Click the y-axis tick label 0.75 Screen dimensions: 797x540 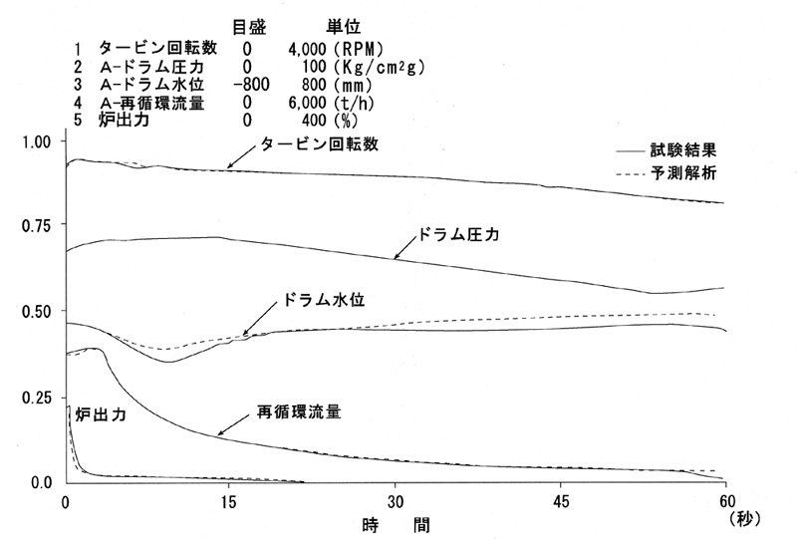click(37, 226)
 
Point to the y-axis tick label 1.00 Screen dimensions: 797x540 click(37, 141)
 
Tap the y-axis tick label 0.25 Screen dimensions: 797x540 click(37, 399)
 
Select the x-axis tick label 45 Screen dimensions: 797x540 click(560, 502)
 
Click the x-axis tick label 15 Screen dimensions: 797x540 click(229, 502)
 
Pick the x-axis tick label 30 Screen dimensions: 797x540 click(395, 502)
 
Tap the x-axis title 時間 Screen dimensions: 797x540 click(396, 525)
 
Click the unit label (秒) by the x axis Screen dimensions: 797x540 click(744, 519)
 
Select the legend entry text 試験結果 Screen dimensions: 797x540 click(683, 150)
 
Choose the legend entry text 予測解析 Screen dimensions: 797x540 click(683, 173)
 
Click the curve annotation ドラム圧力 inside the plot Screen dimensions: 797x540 click(458, 234)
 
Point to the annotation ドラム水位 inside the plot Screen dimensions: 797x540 click(324, 300)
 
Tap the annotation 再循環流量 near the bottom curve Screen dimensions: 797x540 click(299, 411)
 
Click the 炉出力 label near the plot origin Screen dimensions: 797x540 click(101, 414)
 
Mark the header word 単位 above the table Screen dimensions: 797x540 click(343, 27)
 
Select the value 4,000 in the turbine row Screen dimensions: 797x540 click(307, 49)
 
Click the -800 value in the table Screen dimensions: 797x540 click(251, 85)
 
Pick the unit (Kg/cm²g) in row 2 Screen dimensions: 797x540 click(380, 67)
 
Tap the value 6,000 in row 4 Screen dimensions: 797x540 click(307, 103)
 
